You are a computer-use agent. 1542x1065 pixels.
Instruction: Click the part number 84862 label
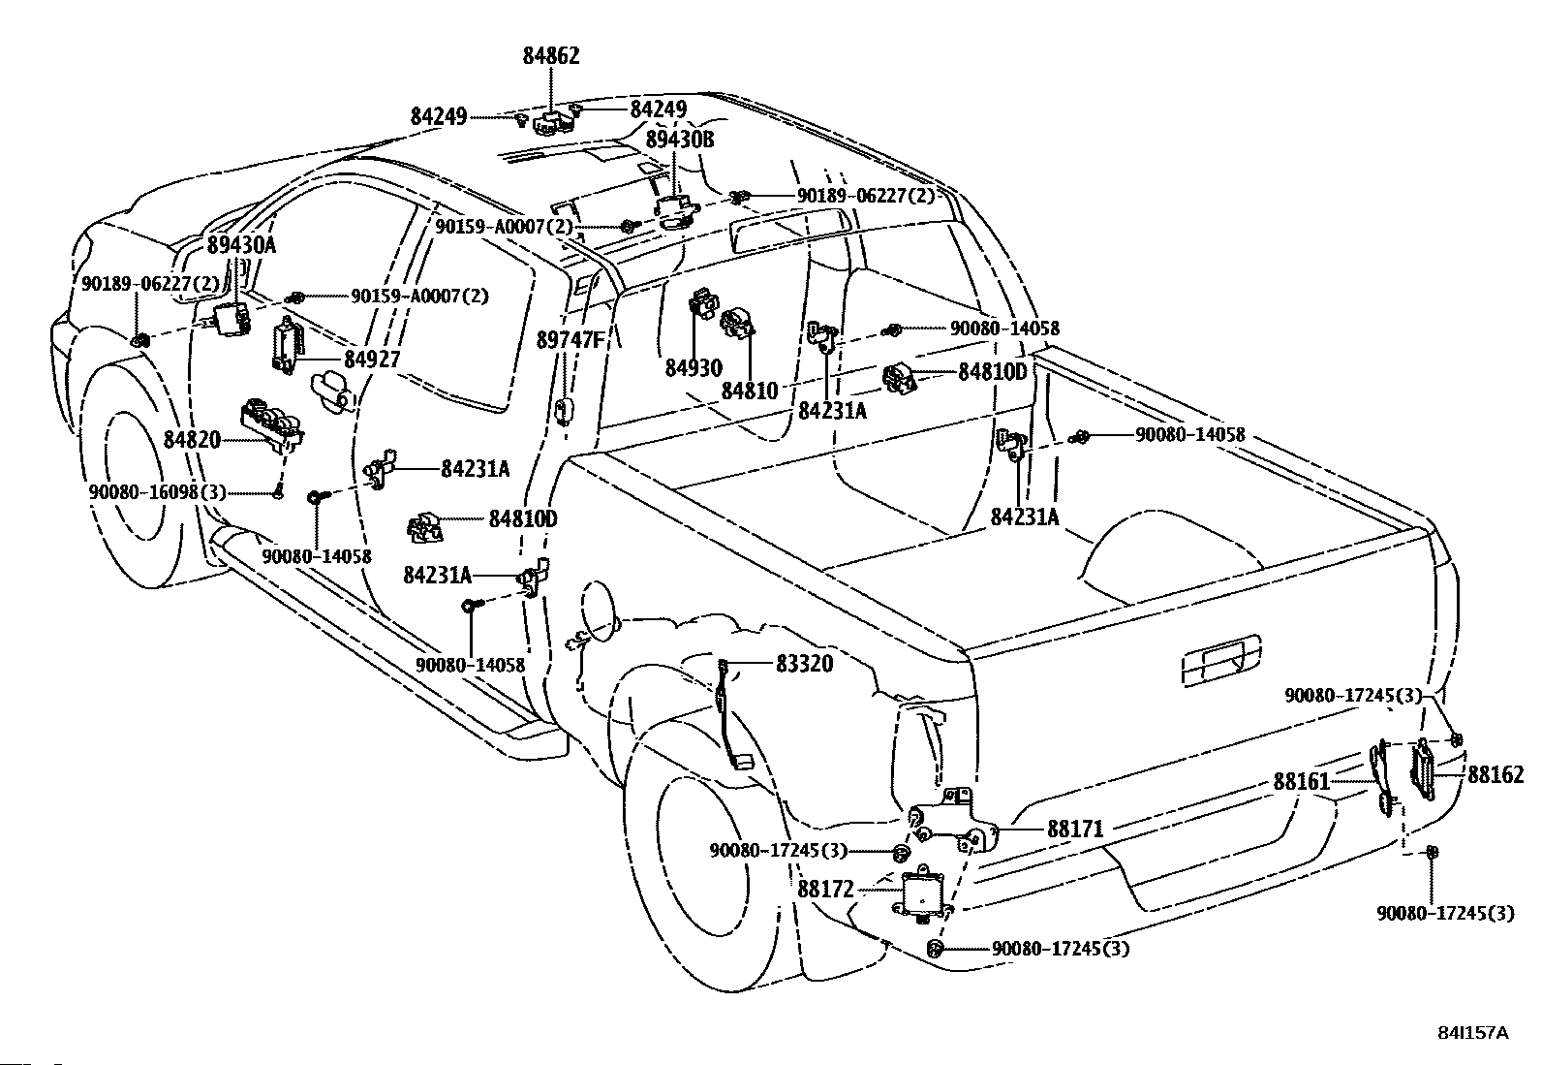pos(551,55)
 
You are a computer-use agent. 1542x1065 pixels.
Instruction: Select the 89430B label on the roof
pos(679,140)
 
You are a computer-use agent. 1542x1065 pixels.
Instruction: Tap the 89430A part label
pos(241,244)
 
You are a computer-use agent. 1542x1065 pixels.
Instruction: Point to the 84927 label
pos(372,359)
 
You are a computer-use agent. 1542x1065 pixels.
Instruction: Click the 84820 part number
pos(192,439)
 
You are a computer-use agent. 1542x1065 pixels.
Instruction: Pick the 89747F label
pos(570,339)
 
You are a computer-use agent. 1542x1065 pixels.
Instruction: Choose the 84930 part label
pos(694,368)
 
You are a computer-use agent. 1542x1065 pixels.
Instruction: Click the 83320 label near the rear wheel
pos(804,664)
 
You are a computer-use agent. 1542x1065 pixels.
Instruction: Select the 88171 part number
pos(1075,829)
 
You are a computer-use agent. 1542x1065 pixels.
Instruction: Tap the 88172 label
pos(825,890)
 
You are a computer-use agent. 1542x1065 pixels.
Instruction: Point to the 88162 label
pos(1496,775)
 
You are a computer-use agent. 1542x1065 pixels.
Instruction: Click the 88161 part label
pos(1301,781)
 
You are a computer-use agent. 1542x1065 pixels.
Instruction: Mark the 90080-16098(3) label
pos(157,492)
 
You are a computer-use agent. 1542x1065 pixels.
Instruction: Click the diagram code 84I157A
pos(1472,1033)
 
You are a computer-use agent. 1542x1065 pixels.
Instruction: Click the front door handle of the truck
pos(332,392)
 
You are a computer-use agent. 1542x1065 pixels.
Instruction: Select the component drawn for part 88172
pos(922,894)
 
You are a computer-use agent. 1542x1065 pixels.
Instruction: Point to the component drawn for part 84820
pos(272,424)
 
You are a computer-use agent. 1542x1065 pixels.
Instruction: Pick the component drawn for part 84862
pos(554,122)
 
